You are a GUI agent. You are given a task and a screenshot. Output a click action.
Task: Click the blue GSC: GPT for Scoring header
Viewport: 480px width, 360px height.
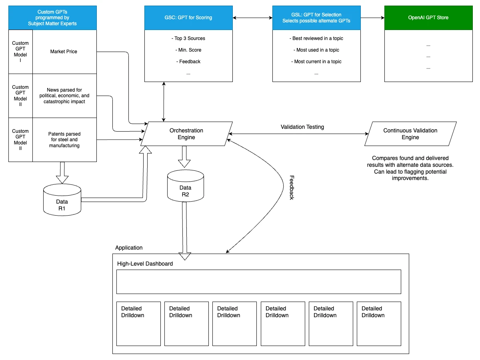tap(188, 18)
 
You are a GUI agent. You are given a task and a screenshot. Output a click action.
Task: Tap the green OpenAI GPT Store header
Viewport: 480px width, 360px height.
tap(428, 18)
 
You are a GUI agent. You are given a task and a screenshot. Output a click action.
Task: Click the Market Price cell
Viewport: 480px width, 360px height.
tap(64, 52)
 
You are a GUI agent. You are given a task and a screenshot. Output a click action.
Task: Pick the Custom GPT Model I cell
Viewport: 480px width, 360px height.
tap(20, 52)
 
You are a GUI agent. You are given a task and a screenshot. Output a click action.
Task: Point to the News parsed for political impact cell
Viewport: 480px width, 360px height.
tap(64, 96)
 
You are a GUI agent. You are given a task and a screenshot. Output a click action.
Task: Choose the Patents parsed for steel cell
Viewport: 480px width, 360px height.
tap(64, 140)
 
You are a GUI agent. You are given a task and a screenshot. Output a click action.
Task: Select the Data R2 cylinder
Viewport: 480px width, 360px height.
tap(185, 186)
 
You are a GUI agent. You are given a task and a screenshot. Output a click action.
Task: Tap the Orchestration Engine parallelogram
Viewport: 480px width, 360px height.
tap(186, 134)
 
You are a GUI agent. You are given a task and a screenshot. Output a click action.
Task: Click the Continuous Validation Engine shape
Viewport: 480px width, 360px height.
tap(410, 134)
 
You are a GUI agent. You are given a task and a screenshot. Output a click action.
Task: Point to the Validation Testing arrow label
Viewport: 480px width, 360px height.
tap(302, 127)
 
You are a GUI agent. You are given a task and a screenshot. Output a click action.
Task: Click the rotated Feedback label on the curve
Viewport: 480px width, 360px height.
tap(292, 187)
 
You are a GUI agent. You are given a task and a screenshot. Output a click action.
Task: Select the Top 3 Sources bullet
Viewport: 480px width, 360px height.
tap(188, 38)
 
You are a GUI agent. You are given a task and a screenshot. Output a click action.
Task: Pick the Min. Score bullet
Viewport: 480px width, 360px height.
tap(188, 50)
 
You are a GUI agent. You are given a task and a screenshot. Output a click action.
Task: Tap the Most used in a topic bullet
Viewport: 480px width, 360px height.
tap(316, 50)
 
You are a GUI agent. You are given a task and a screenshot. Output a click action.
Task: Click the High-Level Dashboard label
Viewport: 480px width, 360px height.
tap(145, 264)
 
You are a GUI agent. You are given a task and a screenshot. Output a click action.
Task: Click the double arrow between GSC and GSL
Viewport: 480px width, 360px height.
tap(252, 18)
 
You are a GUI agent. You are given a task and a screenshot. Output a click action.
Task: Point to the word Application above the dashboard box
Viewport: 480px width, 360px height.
tap(129, 248)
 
